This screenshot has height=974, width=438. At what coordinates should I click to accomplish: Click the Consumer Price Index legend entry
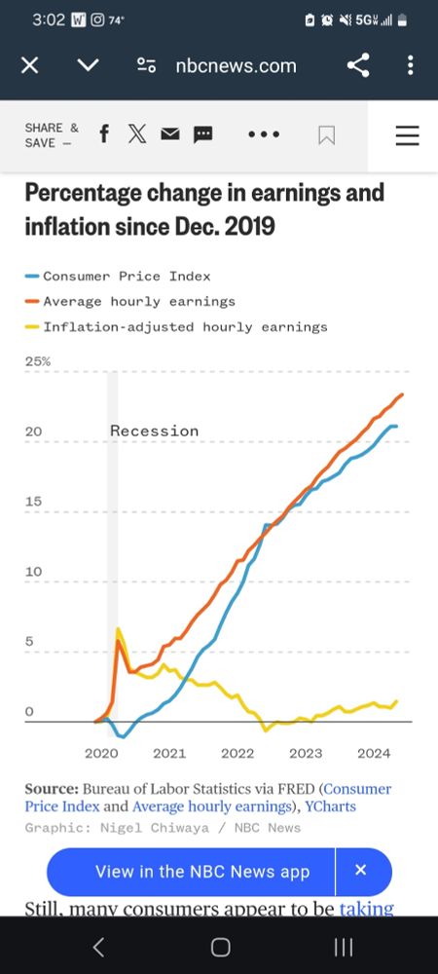pos(126,277)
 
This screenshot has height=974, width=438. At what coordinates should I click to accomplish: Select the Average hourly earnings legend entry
pos(138,301)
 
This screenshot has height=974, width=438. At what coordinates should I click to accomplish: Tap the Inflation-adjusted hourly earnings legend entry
pos(185,326)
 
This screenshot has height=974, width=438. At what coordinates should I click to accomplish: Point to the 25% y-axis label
pos(38,361)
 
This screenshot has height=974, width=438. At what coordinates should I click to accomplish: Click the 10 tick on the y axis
pos(33,572)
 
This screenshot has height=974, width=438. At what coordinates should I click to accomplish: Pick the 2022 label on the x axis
pos(237,753)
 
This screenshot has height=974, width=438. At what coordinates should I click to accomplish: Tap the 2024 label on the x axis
pos(374,753)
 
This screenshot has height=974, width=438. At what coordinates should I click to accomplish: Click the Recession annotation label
pos(154,431)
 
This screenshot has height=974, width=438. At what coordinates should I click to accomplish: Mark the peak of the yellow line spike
pos(118,629)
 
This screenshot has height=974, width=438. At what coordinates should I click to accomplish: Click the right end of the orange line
pos(403,394)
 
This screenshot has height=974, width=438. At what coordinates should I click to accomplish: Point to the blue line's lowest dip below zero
pos(121,736)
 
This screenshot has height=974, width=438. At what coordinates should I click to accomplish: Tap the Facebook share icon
pos(104,135)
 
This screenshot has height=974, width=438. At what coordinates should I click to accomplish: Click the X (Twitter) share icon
pos(137,135)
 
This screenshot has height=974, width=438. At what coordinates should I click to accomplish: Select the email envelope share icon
pos(170,135)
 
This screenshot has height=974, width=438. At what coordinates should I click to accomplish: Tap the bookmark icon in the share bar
pos(327,135)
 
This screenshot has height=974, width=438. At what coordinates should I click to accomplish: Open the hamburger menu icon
pos(407,135)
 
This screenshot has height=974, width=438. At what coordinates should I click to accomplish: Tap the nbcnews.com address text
pos(236,65)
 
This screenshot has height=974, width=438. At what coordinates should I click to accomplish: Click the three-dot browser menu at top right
pos(410,65)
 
